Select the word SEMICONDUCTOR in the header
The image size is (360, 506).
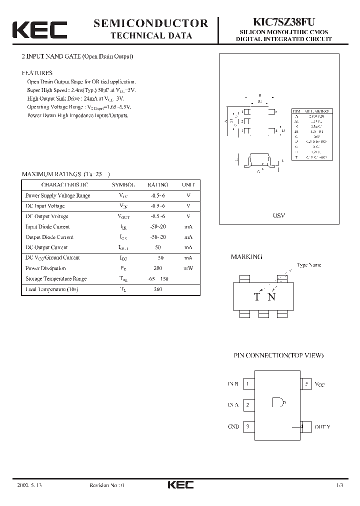pos(151,23)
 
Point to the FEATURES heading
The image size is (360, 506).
pos(36,72)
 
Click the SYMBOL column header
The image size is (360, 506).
pos(123,184)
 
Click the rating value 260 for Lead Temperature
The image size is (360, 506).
pos(157,289)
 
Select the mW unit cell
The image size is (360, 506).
pos(188,268)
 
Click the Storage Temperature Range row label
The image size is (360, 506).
pos(55,279)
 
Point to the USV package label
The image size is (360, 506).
pos(278,215)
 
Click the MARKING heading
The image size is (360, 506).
pos(246,256)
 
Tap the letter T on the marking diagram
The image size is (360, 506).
pos(256,297)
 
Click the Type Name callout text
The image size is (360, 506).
pos(308,265)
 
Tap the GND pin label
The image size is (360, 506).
pos(233,427)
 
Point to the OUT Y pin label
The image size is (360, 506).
pos(322,427)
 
